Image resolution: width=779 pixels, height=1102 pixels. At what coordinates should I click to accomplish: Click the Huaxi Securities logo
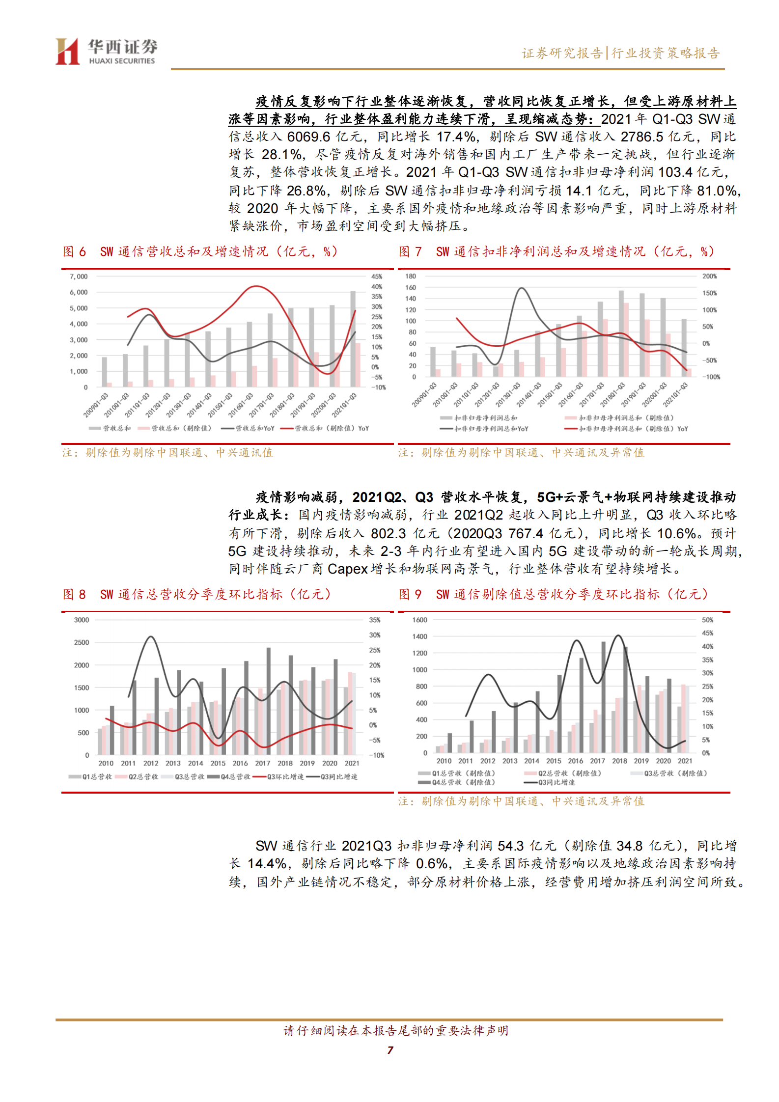click(106, 52)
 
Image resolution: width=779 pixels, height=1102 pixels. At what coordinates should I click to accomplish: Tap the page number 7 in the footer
click(390, 1050)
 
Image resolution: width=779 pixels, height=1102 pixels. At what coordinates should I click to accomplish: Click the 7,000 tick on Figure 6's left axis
click(79, 276)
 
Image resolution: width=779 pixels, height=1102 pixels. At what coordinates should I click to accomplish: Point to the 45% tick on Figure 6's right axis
click(377, 276)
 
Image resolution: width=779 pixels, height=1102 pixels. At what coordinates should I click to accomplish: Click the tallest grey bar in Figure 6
click(353, 339)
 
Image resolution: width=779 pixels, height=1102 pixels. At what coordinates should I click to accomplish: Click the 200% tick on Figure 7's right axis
click(709, 276)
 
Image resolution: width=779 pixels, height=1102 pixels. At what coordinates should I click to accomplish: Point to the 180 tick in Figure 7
click(411, 276)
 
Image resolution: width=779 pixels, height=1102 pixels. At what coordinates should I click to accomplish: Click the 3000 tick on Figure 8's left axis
click(82, 620)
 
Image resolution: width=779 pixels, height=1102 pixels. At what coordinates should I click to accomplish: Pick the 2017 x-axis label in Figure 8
click(263, 763)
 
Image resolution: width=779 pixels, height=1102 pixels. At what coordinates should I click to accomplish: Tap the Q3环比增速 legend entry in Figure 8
click(285, 776)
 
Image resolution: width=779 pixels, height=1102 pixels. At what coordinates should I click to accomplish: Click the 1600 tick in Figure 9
click(419, 620)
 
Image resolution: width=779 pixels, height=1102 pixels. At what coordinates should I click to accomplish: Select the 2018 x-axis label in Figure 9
click(619, 761)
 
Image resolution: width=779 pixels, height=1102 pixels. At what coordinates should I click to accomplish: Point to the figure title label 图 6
click(74, 251)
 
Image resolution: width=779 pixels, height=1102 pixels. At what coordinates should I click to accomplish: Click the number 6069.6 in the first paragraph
click(308, 137)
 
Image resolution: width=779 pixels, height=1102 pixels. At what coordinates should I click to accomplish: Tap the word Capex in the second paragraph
click(347, 569)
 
